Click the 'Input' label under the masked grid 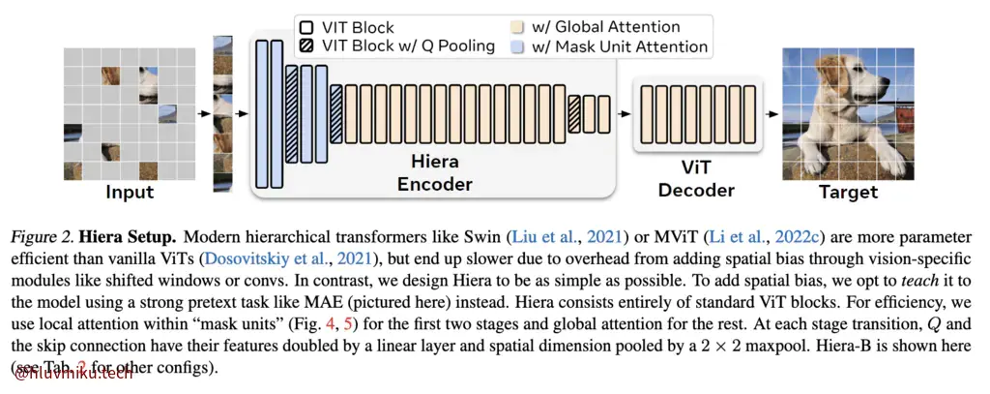[x=130, y=192]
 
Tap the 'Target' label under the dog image [x=848, y=191]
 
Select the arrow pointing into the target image [x=771, y=113]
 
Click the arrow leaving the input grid [x=203, y=113]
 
